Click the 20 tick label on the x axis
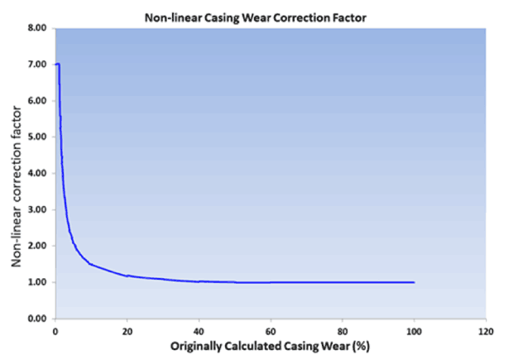tap(127, 330)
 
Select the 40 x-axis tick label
tap(199, 330)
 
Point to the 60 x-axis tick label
tap(271, 330)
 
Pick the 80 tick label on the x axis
tap(343, 330)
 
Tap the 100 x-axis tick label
tap(414, 330)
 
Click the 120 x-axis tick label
tap(486, 330)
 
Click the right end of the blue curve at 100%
tap(414, 282)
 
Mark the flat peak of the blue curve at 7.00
tap(57, 64)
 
